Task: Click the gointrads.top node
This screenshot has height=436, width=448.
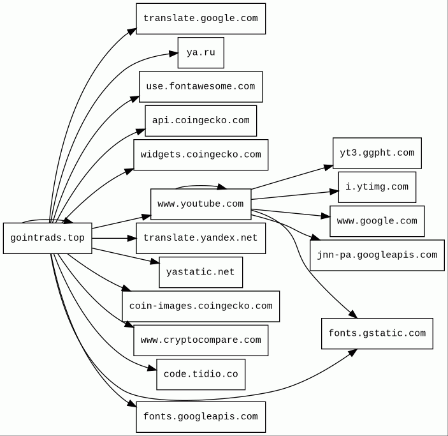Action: pyautogui.click(x=47, y=238)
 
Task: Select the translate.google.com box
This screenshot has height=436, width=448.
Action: pyautogui.click(x=200, y=19)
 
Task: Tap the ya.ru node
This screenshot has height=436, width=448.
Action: pyautogui.click(x=201, y=53)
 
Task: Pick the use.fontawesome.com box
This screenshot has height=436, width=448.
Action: pyautogui.click(x=200, y=87)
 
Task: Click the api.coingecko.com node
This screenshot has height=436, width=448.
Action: pyautogui.click(x=200, y=121)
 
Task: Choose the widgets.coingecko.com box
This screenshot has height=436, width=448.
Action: pyautogui.click(x=200, y=154)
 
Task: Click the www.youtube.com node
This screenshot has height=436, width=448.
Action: pyautogui.click(x=200, y=204)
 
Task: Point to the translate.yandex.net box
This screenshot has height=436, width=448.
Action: pyautogui.click(x=200, y=238)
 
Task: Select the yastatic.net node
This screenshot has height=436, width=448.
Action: pyautogui.click(x=200, y=272)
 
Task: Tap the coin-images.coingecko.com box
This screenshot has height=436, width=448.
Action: pyautogui.click(x=200, y=306)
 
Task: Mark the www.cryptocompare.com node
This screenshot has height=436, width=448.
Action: pyautogui.click(x=200, y=340)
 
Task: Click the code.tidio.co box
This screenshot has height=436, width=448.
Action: pyautogui.click(x=200, y=374)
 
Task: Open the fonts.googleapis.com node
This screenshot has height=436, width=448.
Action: pyautogui.click(x=200, y=417)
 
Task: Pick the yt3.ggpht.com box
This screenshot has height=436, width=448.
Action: pyautogui.click(x=377, y=153)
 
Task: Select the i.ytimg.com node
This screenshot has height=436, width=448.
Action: pyautogui.click(x=377, y=187)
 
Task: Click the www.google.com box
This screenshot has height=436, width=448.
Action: pyautogui.click(x=377, y=221)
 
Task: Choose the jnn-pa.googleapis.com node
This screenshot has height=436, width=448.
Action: pyautogui.click(x=377, y=255)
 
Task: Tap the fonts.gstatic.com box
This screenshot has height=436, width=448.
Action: pyautogui.click(x=377, y=333)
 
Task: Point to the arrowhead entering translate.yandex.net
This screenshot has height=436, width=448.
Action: pyautogui.click(x=132, y=238)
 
